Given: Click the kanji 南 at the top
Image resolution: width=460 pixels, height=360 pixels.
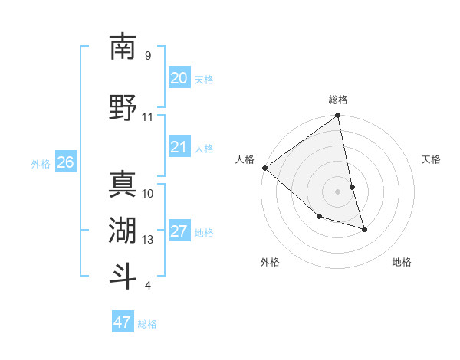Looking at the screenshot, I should click(123, 47).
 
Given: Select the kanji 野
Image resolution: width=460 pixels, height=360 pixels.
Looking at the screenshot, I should click(123, 107).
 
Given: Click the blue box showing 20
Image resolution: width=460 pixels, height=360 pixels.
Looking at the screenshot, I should click(179, 78).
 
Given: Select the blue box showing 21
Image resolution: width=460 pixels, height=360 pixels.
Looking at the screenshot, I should click(179, 147).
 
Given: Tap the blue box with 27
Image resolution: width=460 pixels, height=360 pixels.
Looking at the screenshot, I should click(179, 231).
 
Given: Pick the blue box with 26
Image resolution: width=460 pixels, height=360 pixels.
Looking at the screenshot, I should click(65, 162).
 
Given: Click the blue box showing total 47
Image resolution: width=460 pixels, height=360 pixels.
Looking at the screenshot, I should click(122, 322).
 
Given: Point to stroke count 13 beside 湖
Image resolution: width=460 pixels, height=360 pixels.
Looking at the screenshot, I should click(148, 240).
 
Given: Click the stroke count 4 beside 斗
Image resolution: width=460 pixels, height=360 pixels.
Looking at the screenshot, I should click(147, 286).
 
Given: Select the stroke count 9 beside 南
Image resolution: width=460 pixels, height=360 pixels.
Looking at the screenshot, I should click(147, 56).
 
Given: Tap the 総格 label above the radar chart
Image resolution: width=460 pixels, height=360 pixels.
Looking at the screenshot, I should click(338, 100).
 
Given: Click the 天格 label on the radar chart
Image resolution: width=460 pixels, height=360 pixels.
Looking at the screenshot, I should click(431, 159).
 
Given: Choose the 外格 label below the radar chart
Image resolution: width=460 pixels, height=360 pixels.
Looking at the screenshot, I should click(270, 263).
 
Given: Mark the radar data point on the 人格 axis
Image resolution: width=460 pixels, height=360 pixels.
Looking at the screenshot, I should click(264, 168).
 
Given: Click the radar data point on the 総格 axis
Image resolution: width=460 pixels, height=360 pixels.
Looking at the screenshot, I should click(338, 116).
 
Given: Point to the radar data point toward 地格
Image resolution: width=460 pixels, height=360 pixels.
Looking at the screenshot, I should click(364, 229).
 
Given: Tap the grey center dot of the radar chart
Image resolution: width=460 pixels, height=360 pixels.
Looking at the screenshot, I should click(338, 191).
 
